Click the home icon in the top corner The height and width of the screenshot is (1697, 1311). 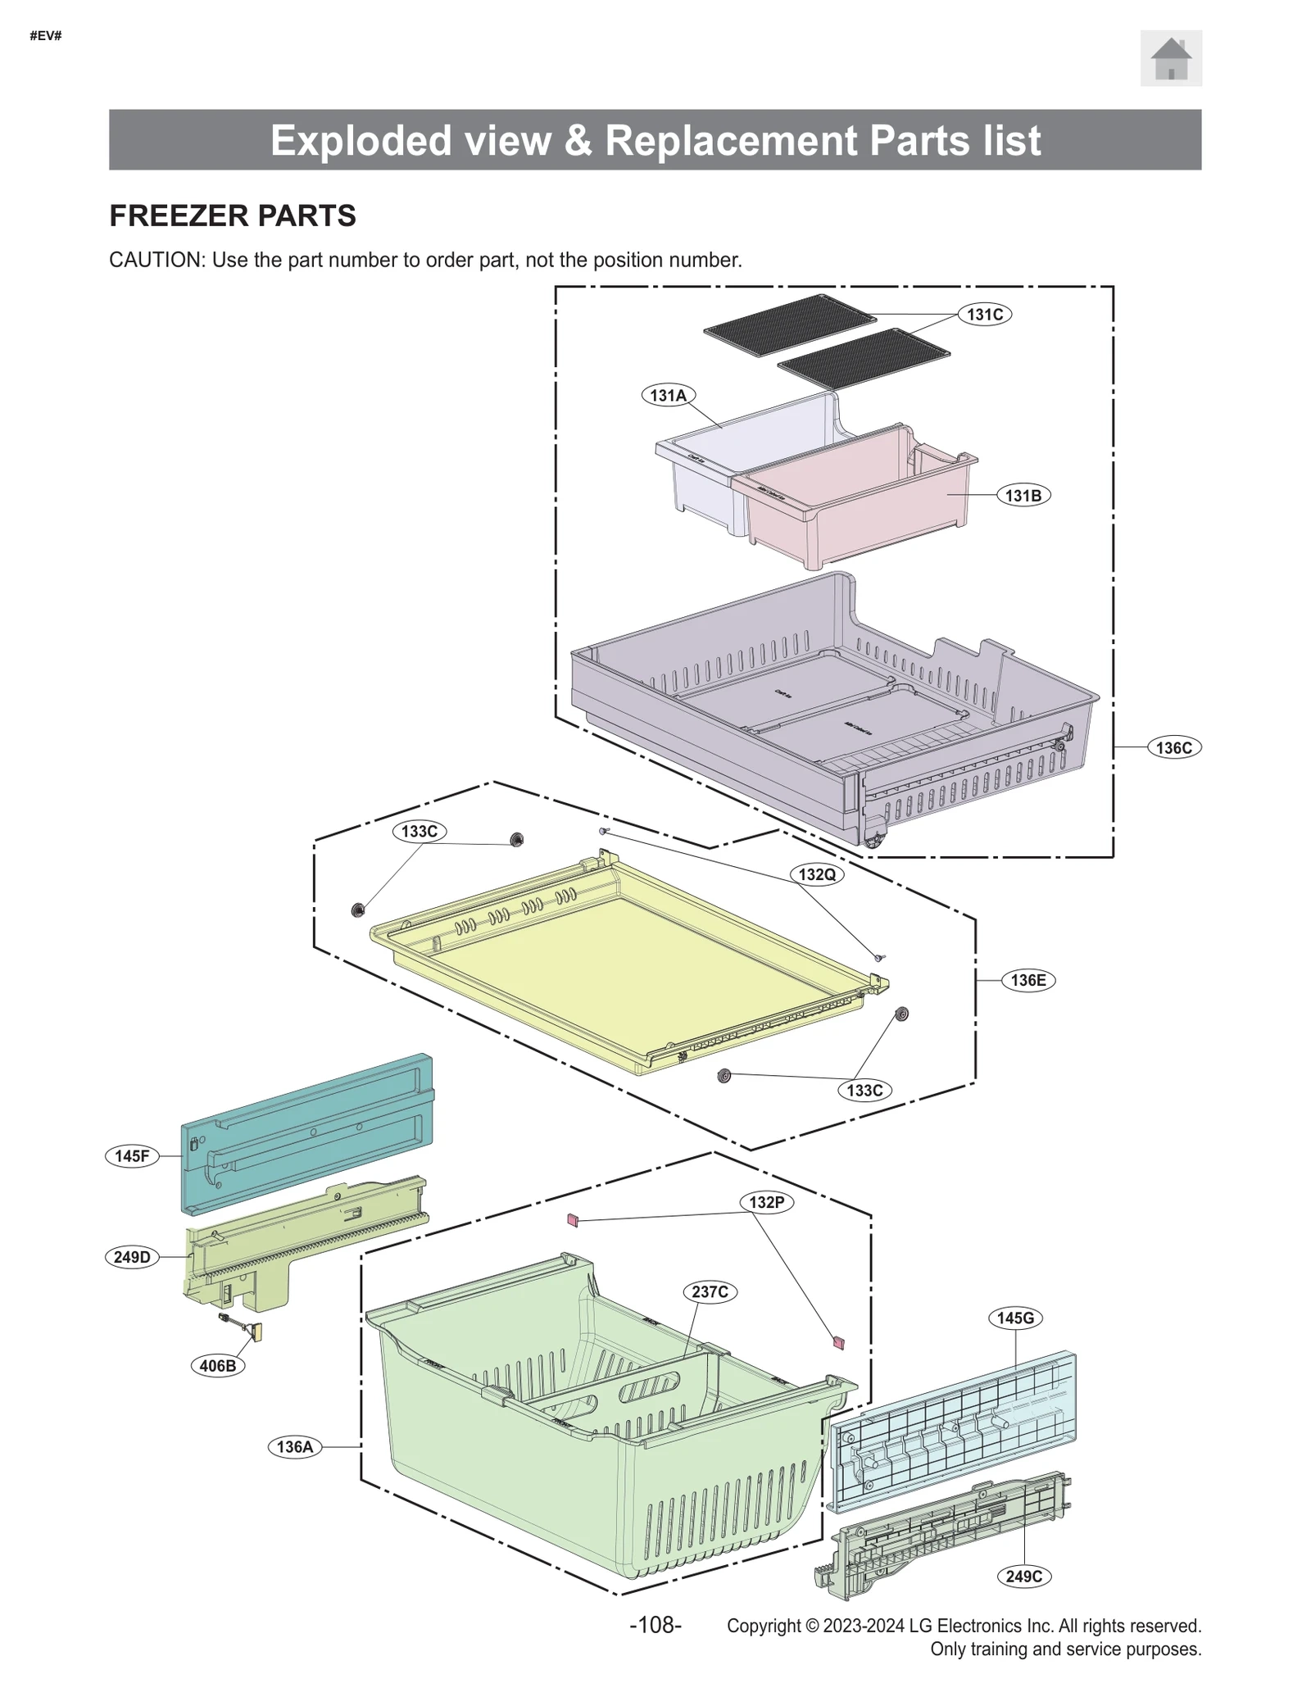tap(1170, 58)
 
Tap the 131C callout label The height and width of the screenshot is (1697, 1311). tap(984, 315)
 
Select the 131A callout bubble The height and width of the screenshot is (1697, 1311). tap(668, 396)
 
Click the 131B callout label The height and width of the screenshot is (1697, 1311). tap(1023, 496)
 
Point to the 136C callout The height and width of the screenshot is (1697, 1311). tap(1173, 747)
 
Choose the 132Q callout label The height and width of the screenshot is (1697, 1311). tap(817, 874)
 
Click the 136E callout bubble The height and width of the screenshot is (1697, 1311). tap(1027, 980)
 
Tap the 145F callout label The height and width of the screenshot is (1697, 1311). tap(132, 1156)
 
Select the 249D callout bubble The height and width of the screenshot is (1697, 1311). tap(132, 1257)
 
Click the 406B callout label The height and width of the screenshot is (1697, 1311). tap(218, 1366)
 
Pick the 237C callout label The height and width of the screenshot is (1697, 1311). tap(710, 1292)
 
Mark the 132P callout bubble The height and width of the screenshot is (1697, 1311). tap(766, 1202)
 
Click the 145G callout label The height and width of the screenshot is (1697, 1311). tap(1015, 1318)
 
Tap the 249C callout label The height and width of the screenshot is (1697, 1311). tap(1023, 1576)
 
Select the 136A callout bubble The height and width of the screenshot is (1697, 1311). tap(294, 1446)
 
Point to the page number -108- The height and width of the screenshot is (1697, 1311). tap(655, 1625)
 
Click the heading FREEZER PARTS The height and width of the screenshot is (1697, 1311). tap(233, 216)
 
